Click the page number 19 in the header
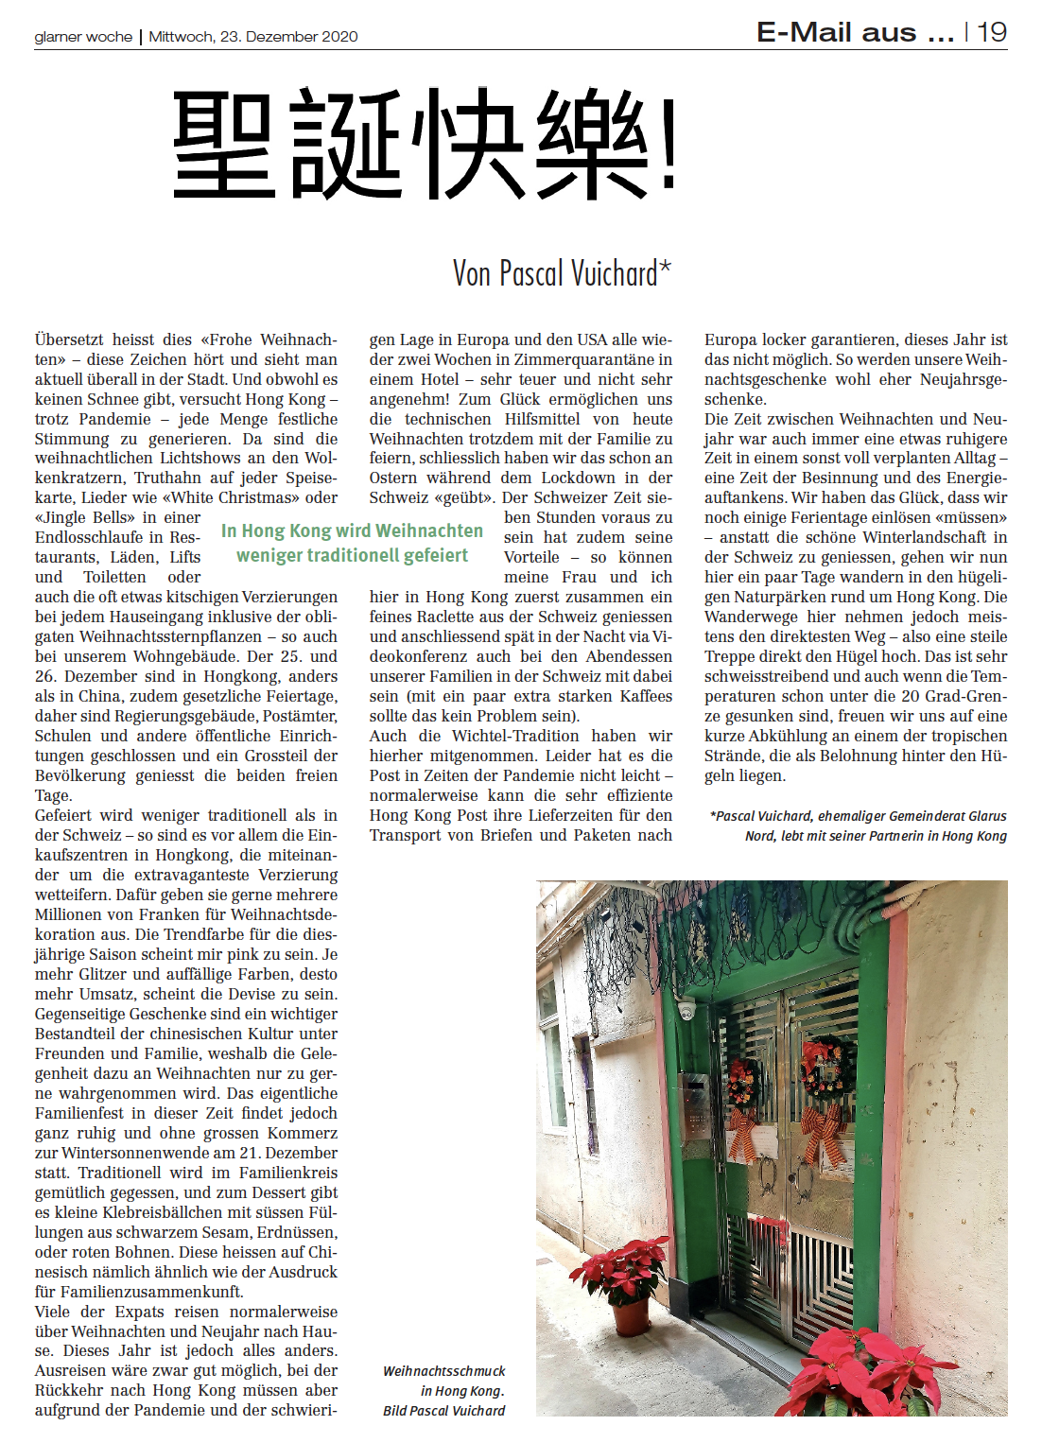click(992, 32)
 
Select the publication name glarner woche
click(83, 37)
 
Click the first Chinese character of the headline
click(224, 144)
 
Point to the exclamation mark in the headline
click(669, 144)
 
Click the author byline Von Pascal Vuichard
click(561, 273)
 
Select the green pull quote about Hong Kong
click(352, 543)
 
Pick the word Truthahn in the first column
click(168, 478)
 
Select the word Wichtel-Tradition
click(515, 736)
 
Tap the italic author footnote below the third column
click(858, 826)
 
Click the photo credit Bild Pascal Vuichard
click(443, 1410)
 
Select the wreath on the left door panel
click(744, 1084)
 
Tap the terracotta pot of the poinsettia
click(631, 1315)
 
